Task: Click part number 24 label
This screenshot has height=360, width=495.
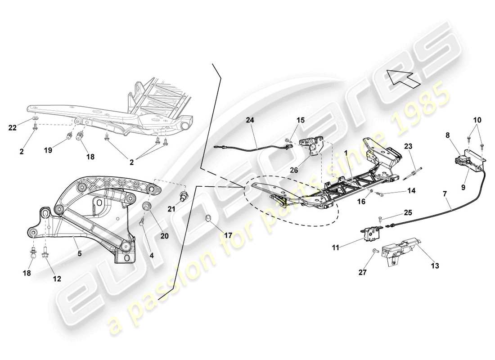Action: [250, 120]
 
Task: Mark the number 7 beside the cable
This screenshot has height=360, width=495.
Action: [445, 193]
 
